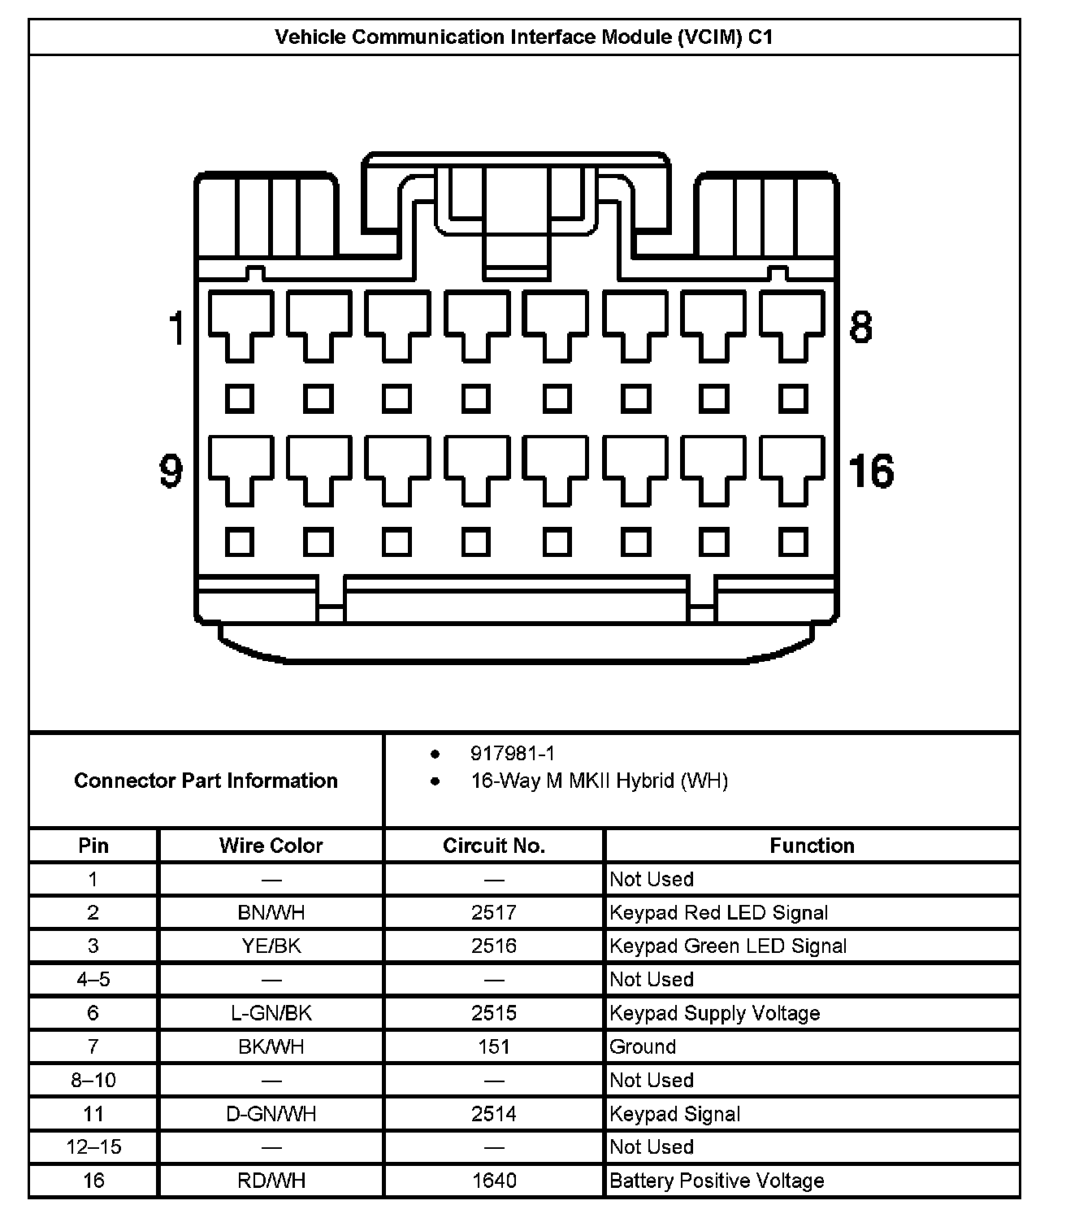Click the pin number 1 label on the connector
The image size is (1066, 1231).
176,328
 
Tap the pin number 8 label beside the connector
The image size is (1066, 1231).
860,327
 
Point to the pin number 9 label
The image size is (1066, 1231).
171,472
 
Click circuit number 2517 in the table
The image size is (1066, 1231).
494,912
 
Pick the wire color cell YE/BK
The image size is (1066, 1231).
271,946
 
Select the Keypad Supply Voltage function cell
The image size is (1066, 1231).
714,1013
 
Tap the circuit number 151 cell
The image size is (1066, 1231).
494,1046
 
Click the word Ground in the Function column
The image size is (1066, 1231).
643,1046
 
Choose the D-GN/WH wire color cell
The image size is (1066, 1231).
271,1114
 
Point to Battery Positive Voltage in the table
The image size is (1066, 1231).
717,1181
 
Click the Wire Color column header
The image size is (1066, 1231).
271,846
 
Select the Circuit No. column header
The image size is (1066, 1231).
494,846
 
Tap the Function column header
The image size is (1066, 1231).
812,846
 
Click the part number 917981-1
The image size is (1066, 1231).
513,754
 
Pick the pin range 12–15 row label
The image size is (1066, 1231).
93,1147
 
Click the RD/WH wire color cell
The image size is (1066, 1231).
271,1181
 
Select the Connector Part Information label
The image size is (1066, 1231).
206,781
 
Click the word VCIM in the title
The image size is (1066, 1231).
709,37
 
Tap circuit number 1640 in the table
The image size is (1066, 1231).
494,1181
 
